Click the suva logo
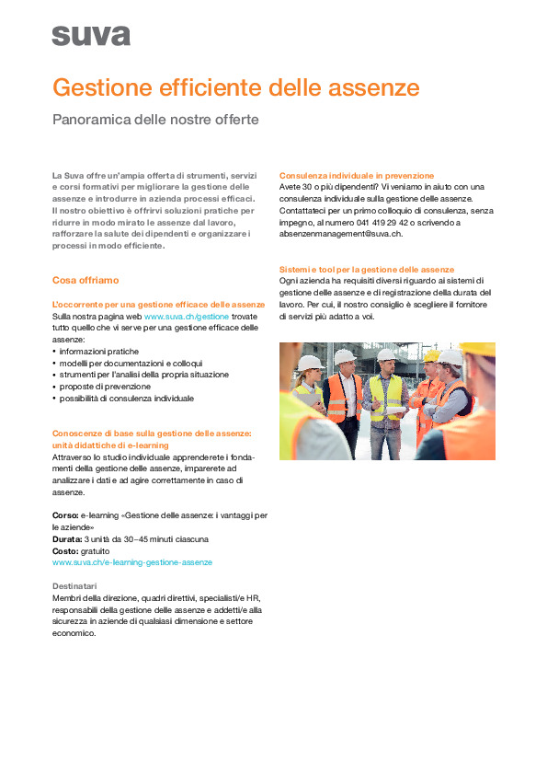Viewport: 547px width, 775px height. tap(91, 35)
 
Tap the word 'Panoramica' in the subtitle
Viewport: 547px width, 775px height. tap(91, 120)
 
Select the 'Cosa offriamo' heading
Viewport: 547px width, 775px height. tap(85, 280)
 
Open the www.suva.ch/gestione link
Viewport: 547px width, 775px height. tap(187, 316)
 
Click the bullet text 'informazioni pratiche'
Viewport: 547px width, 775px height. tap(99, 352)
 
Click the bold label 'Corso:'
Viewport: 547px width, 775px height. tap(65, 515)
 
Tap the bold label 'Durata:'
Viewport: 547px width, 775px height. tap(67, 538)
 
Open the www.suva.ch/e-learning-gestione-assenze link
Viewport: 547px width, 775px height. tap(132, 562)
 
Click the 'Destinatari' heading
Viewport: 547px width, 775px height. tap(75, 586)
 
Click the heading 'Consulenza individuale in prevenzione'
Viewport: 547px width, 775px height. tap(357, 175)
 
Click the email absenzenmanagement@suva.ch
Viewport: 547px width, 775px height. tap(340, 235)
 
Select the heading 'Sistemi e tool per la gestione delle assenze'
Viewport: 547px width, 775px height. tap(367, 269)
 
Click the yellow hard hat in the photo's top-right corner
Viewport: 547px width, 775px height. tap(479, 350)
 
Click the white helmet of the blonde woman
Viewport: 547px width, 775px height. tap(310, 363)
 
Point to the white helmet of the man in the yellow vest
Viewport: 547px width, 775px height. tap(386, 354)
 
